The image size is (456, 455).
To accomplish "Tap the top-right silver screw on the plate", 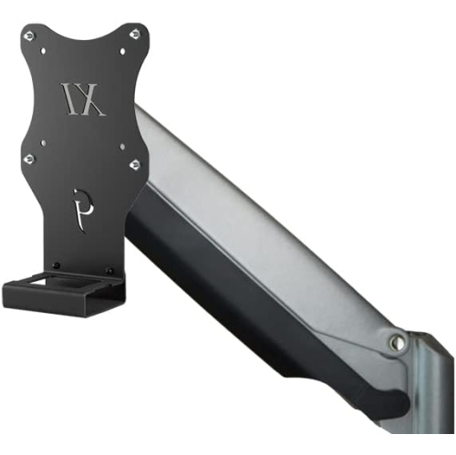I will pyautogui.click(x=134, y=34).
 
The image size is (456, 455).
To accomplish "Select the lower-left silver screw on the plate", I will pyautogui.click(x=29, y=160).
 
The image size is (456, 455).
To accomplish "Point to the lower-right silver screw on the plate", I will pyautogui.click(x=134, y=164).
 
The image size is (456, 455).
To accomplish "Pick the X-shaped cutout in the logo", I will pyautogui.click(x=94, y=99).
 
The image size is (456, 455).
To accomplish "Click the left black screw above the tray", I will pyautogui.click(x=57, y=265).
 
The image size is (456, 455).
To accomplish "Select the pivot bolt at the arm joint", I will pyautogui.click(x=397, y=342).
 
